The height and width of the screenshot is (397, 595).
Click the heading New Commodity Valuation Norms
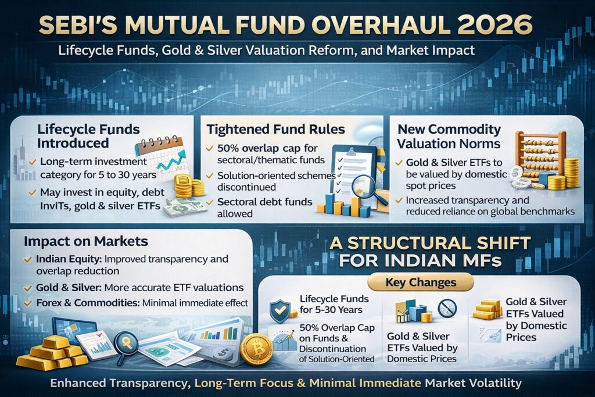pyautogui.click(x=446, y=135)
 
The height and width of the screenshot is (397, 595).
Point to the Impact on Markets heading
pyautogui.click(x=86, y=241)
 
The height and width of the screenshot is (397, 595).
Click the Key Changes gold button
pyautogui.click(x=421, y=282)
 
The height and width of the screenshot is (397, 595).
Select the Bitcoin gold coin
pyautogui.click(x=256, y=350)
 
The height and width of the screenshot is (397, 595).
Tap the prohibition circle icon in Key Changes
pyautogui.click(x=447, y=308)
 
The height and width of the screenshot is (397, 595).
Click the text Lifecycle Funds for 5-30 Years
pyautogui.click(x=332, y=305)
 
